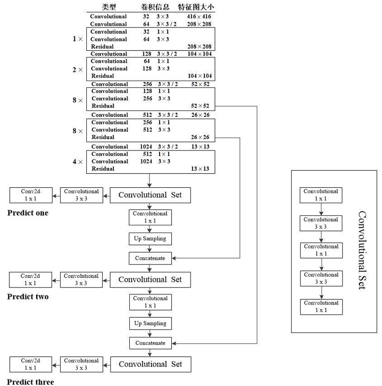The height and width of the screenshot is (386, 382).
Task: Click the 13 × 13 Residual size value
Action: tap(201, 169)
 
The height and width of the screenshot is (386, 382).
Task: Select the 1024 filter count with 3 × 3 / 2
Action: tap(146, 147)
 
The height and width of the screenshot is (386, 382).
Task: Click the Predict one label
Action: tap(28, 212)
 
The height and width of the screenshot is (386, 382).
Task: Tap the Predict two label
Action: tap(28, 297)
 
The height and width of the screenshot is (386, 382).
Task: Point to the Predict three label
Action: tap(30, 382)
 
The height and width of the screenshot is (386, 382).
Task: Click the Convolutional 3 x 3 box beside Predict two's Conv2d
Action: tap(81, 279)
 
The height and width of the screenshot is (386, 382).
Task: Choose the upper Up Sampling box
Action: tap(150, 238)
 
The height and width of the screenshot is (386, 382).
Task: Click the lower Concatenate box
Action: tap(150, 343)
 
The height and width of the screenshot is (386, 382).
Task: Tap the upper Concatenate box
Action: tap(150, 258)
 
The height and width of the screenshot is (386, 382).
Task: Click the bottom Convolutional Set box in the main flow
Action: tap(150, 364)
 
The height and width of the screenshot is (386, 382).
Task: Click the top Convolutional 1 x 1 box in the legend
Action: tap(321, 195)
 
